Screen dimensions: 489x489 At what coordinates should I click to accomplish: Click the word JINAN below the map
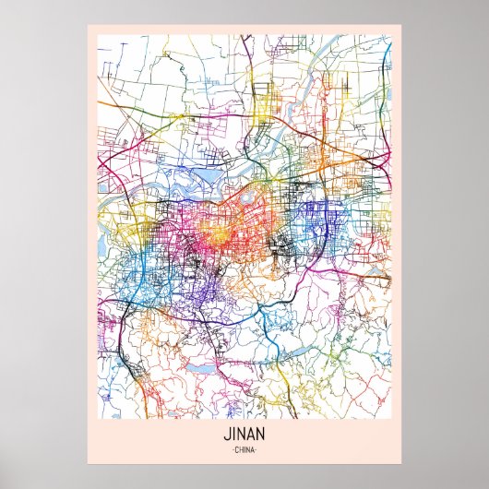pos(244,432)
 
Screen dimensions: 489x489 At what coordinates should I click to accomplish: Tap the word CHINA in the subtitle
pos(244,449)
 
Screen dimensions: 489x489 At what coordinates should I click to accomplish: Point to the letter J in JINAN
pos(225,432)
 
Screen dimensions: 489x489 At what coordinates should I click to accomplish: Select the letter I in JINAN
pos(233,432)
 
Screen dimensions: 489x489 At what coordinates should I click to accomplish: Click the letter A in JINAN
pos(251,432)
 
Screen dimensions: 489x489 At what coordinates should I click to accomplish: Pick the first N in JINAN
pos(241,432)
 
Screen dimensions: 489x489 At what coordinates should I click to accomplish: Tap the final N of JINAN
pos(262,432)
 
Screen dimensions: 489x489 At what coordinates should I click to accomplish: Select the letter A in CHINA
pos(255,449)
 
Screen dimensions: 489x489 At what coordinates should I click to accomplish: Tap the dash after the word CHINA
pos(259,449)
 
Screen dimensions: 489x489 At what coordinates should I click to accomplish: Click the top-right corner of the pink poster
pos(403,25)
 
